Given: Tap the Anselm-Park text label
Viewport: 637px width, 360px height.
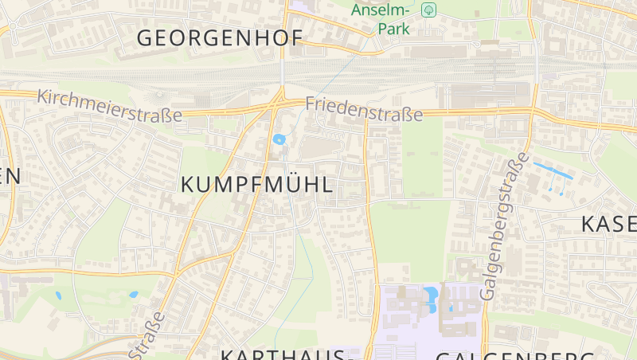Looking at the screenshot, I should coord(381,19).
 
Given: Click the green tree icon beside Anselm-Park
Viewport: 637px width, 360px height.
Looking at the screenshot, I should coord(429,10).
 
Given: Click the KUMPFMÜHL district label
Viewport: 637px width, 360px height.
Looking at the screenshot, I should coord(256,185).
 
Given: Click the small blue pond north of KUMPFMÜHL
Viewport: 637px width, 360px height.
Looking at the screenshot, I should coord(279,139).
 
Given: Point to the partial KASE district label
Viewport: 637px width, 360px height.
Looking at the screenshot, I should coord(608,224).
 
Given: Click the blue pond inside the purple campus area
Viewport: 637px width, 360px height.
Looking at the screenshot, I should coord(431,296).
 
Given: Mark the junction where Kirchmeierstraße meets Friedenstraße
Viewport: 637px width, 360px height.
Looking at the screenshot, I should coord(279,101).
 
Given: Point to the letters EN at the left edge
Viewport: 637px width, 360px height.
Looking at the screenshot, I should coord(10,177).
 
